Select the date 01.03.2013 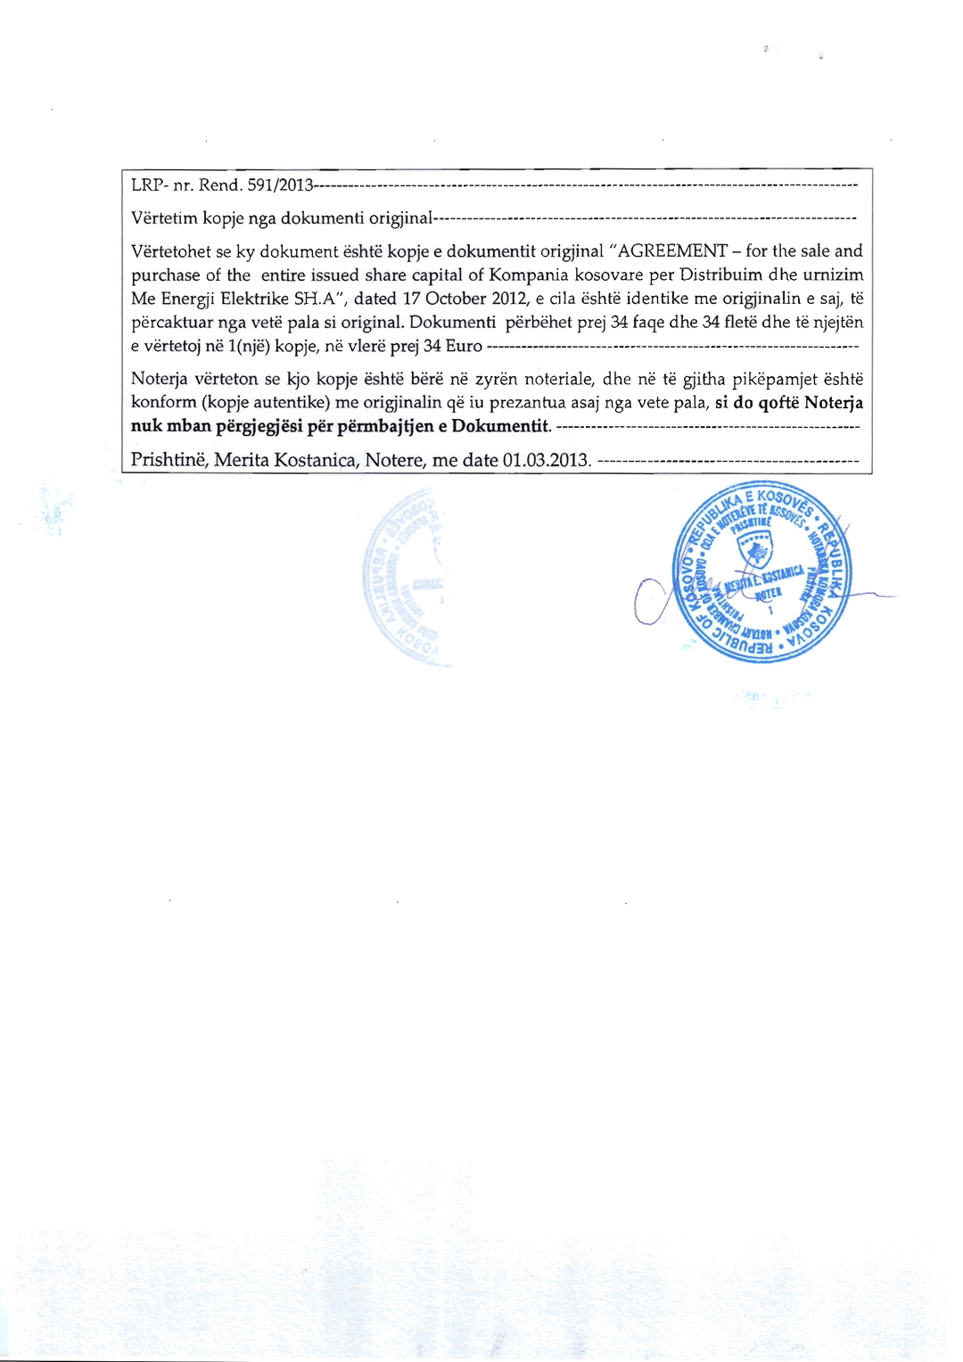point(547,460)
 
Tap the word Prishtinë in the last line point(169,460)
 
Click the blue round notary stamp point(763,576)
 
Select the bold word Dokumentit point(501,426)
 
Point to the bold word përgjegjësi point(259,426)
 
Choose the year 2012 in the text point(510,299)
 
